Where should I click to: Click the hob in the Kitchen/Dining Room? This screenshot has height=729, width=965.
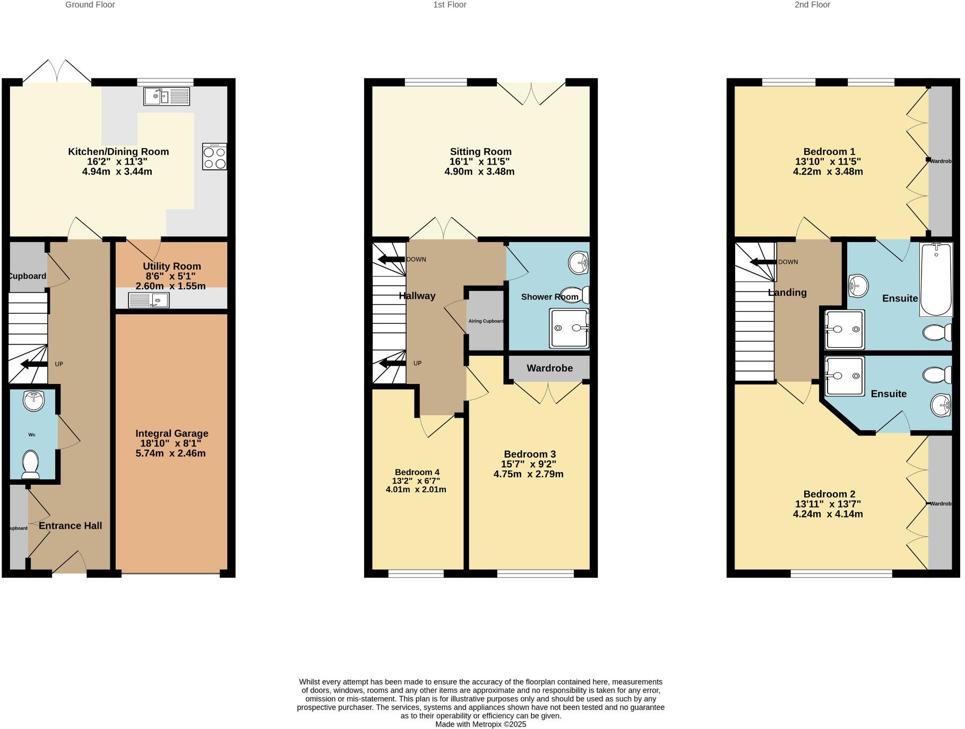[214, 157]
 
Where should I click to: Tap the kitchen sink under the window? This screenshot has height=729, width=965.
[167, 97]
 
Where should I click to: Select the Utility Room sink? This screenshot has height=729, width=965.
[149, 301]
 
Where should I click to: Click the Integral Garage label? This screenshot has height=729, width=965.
[171, 433]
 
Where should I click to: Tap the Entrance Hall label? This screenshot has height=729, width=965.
[70, 526]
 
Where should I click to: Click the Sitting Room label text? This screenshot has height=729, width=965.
[480, 152]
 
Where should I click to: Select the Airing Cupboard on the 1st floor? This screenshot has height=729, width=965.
[486, 321]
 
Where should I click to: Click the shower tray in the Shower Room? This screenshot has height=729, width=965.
[569, 329]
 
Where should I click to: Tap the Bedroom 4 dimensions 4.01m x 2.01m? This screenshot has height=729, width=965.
[416, 490]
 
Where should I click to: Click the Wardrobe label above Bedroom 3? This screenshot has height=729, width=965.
[549, 368]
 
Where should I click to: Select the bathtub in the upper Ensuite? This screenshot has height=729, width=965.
[936, 279]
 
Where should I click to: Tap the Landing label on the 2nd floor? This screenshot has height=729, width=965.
[787, 293]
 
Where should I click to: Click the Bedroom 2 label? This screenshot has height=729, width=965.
[829, 494]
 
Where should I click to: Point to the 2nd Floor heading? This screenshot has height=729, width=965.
[812, 5]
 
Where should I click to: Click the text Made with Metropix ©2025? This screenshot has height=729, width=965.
[480, 724]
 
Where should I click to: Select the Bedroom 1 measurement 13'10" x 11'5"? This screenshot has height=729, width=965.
[828, 161]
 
